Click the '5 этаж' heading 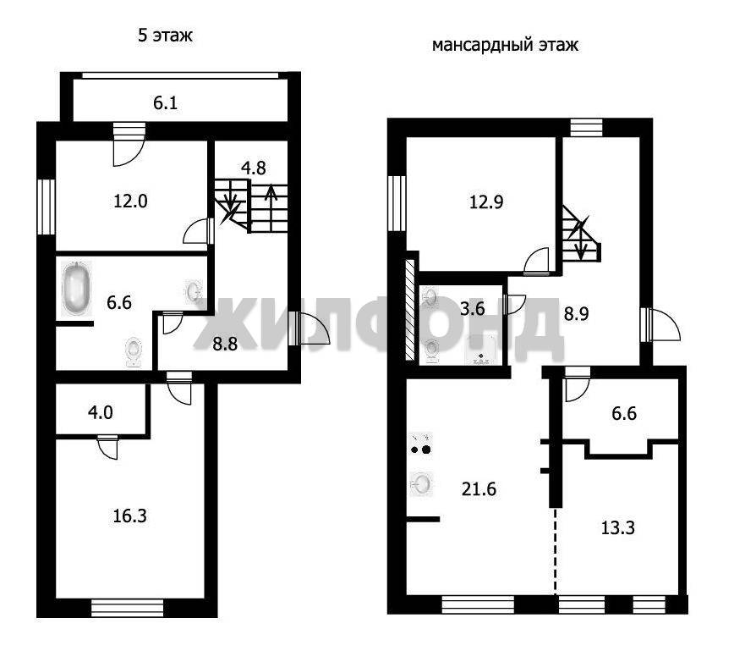165,36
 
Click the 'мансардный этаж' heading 505,46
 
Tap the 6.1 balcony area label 166,103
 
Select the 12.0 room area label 131,201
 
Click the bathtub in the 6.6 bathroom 76,289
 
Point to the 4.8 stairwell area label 254,168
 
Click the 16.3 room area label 129,516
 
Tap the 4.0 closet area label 101,412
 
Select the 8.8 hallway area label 225,344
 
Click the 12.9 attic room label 486,201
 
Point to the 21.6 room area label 479,489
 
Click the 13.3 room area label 618,528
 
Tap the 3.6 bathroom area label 473,309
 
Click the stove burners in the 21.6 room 421,444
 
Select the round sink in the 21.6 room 421,483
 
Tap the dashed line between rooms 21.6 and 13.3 555,550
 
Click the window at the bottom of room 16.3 128,607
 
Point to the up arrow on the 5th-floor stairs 271,207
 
